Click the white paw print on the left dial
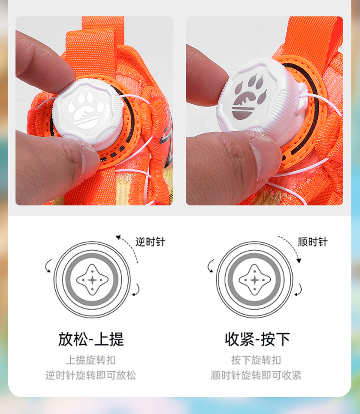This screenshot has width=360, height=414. tap(86, 110)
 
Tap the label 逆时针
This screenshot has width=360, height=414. tap(150, 242)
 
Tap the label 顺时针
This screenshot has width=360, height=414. tap(313, 242)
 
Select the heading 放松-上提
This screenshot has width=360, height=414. tap(91, 339)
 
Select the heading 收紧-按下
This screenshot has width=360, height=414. tap(257, 339)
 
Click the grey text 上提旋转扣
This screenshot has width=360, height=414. tap(91, 360)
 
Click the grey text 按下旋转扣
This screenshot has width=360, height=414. tap(256, 360)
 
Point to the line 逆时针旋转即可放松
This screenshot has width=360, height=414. tap(91, 375)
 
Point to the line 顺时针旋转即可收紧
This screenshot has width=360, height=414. tap(256, 375)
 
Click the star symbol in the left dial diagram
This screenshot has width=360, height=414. tap(92, 280)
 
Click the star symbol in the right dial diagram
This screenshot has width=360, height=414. tap(255, 280)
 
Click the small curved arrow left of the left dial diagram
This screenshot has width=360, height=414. tap(48, 266)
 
